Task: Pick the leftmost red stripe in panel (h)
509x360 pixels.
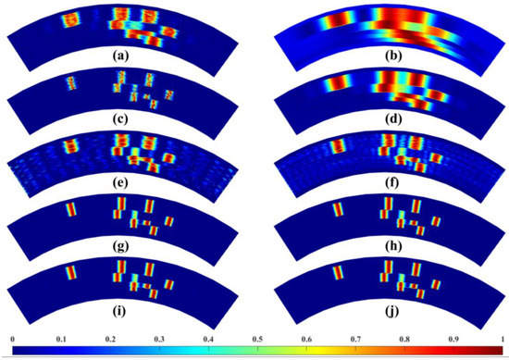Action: click(x=338, y=211)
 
